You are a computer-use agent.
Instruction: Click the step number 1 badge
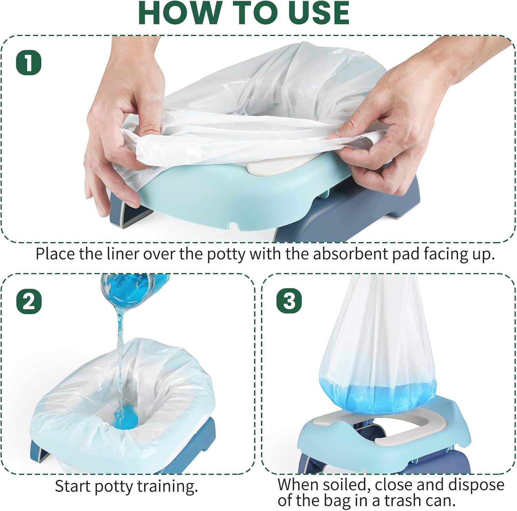(x=29, y=63)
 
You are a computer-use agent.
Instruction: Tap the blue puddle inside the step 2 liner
(x=128, y=418)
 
